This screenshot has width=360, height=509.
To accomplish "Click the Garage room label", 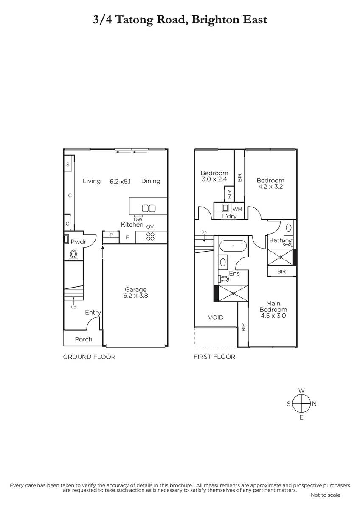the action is tap(135, 289).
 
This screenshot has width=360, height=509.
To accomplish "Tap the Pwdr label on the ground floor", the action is tap(78, 241).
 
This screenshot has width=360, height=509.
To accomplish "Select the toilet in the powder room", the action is tap(73, 255).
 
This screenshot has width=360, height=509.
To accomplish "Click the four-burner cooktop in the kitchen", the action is tap(150, 236).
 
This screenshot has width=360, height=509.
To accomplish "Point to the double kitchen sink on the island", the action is tap(149, 208).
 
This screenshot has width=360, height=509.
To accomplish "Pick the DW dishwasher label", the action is tap(138, 220).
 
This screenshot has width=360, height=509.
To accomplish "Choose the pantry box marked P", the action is tap(111, 237).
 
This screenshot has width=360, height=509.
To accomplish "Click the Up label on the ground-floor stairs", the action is tap(73, 307).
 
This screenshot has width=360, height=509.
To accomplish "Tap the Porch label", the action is tap(84, 339).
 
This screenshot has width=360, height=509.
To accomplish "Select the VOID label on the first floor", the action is tap(216, 317).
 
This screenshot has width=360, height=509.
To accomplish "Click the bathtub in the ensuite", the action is tap(233, 246).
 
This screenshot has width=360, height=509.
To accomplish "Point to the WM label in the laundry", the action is tap(237, 209).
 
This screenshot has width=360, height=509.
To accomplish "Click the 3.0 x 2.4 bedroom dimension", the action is tap(214, 179).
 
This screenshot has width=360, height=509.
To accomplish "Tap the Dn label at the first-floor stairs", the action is tap(204, 232).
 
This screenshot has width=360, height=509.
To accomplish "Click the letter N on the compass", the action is tap(314, 403).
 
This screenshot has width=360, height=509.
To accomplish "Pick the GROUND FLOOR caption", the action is tap(89, 357).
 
